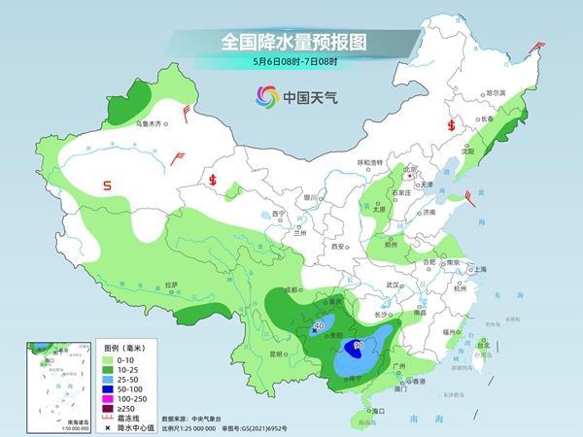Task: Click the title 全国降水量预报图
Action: (x=291, y=42)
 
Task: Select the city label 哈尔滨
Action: (x=497, y=92)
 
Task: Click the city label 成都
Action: (x=290, y=289)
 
